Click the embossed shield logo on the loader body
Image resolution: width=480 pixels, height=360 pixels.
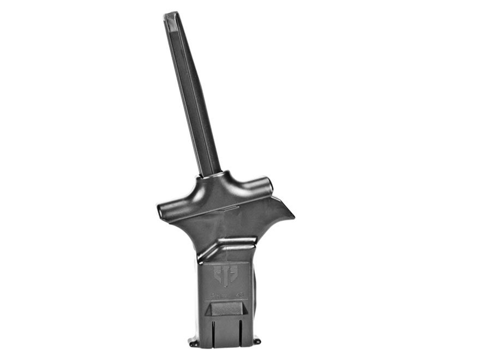click(x=224, y=276)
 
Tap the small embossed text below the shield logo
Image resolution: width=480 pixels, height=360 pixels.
click(x=224, y=295)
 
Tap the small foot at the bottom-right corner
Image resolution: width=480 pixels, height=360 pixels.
click(x=257, y=341)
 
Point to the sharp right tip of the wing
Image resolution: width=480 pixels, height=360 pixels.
click(x=293, y=217)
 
